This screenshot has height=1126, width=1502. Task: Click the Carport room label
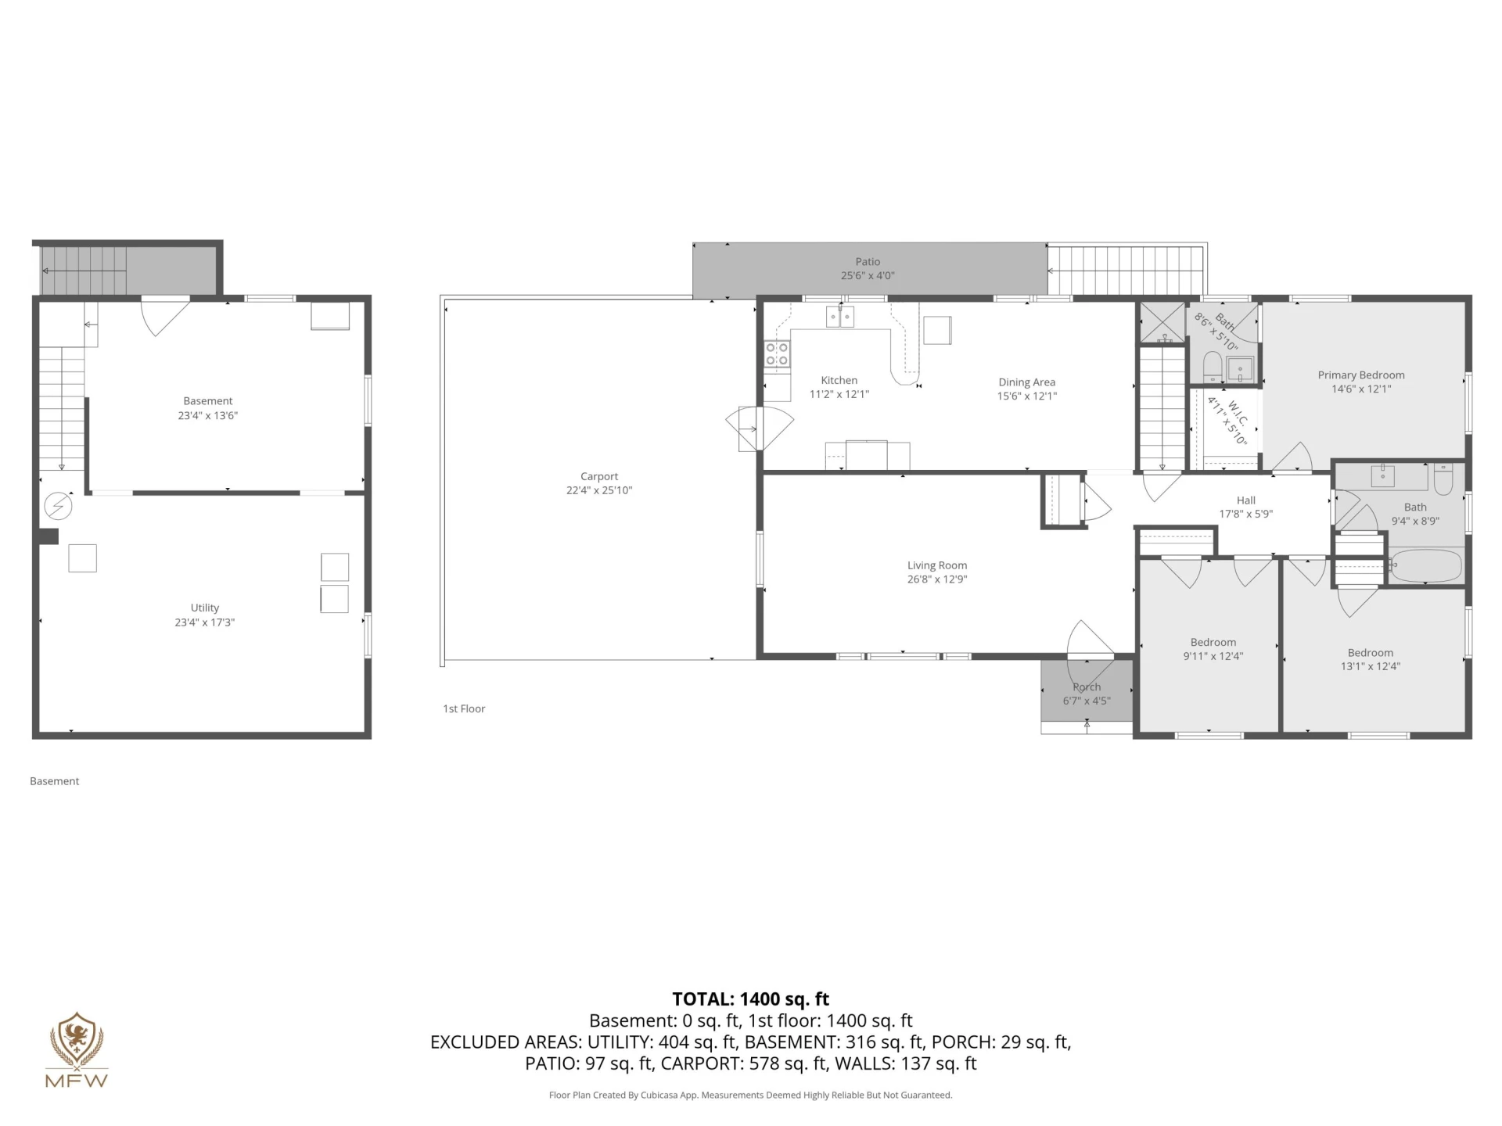pos(599,476)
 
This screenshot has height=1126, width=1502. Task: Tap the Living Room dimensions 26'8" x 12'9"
pos(937,579)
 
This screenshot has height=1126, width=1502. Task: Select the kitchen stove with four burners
pos(777,354)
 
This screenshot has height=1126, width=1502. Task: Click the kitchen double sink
pos(840,317)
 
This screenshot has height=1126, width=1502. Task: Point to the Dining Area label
pos(1027,382)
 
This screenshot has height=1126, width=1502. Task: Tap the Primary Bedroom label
pos(1361,375)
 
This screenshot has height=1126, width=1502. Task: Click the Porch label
pos(1087,687)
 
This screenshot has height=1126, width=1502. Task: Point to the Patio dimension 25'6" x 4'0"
pos(868,275)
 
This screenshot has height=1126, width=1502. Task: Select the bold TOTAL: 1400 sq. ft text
pos(751,999)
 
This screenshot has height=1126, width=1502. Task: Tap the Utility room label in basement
pos(205,608)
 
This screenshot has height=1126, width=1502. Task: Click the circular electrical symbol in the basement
pos(57,506)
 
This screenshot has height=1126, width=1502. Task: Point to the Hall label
pos(1246,500)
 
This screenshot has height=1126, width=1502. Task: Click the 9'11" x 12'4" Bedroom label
pos(1213,642)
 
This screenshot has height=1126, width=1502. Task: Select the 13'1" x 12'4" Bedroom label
pos(1371,653)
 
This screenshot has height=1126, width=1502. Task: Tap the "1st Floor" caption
pos(464,708)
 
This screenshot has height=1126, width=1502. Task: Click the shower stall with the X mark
pos(1162,322)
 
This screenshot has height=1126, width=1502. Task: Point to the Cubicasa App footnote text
pos(751,1095)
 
